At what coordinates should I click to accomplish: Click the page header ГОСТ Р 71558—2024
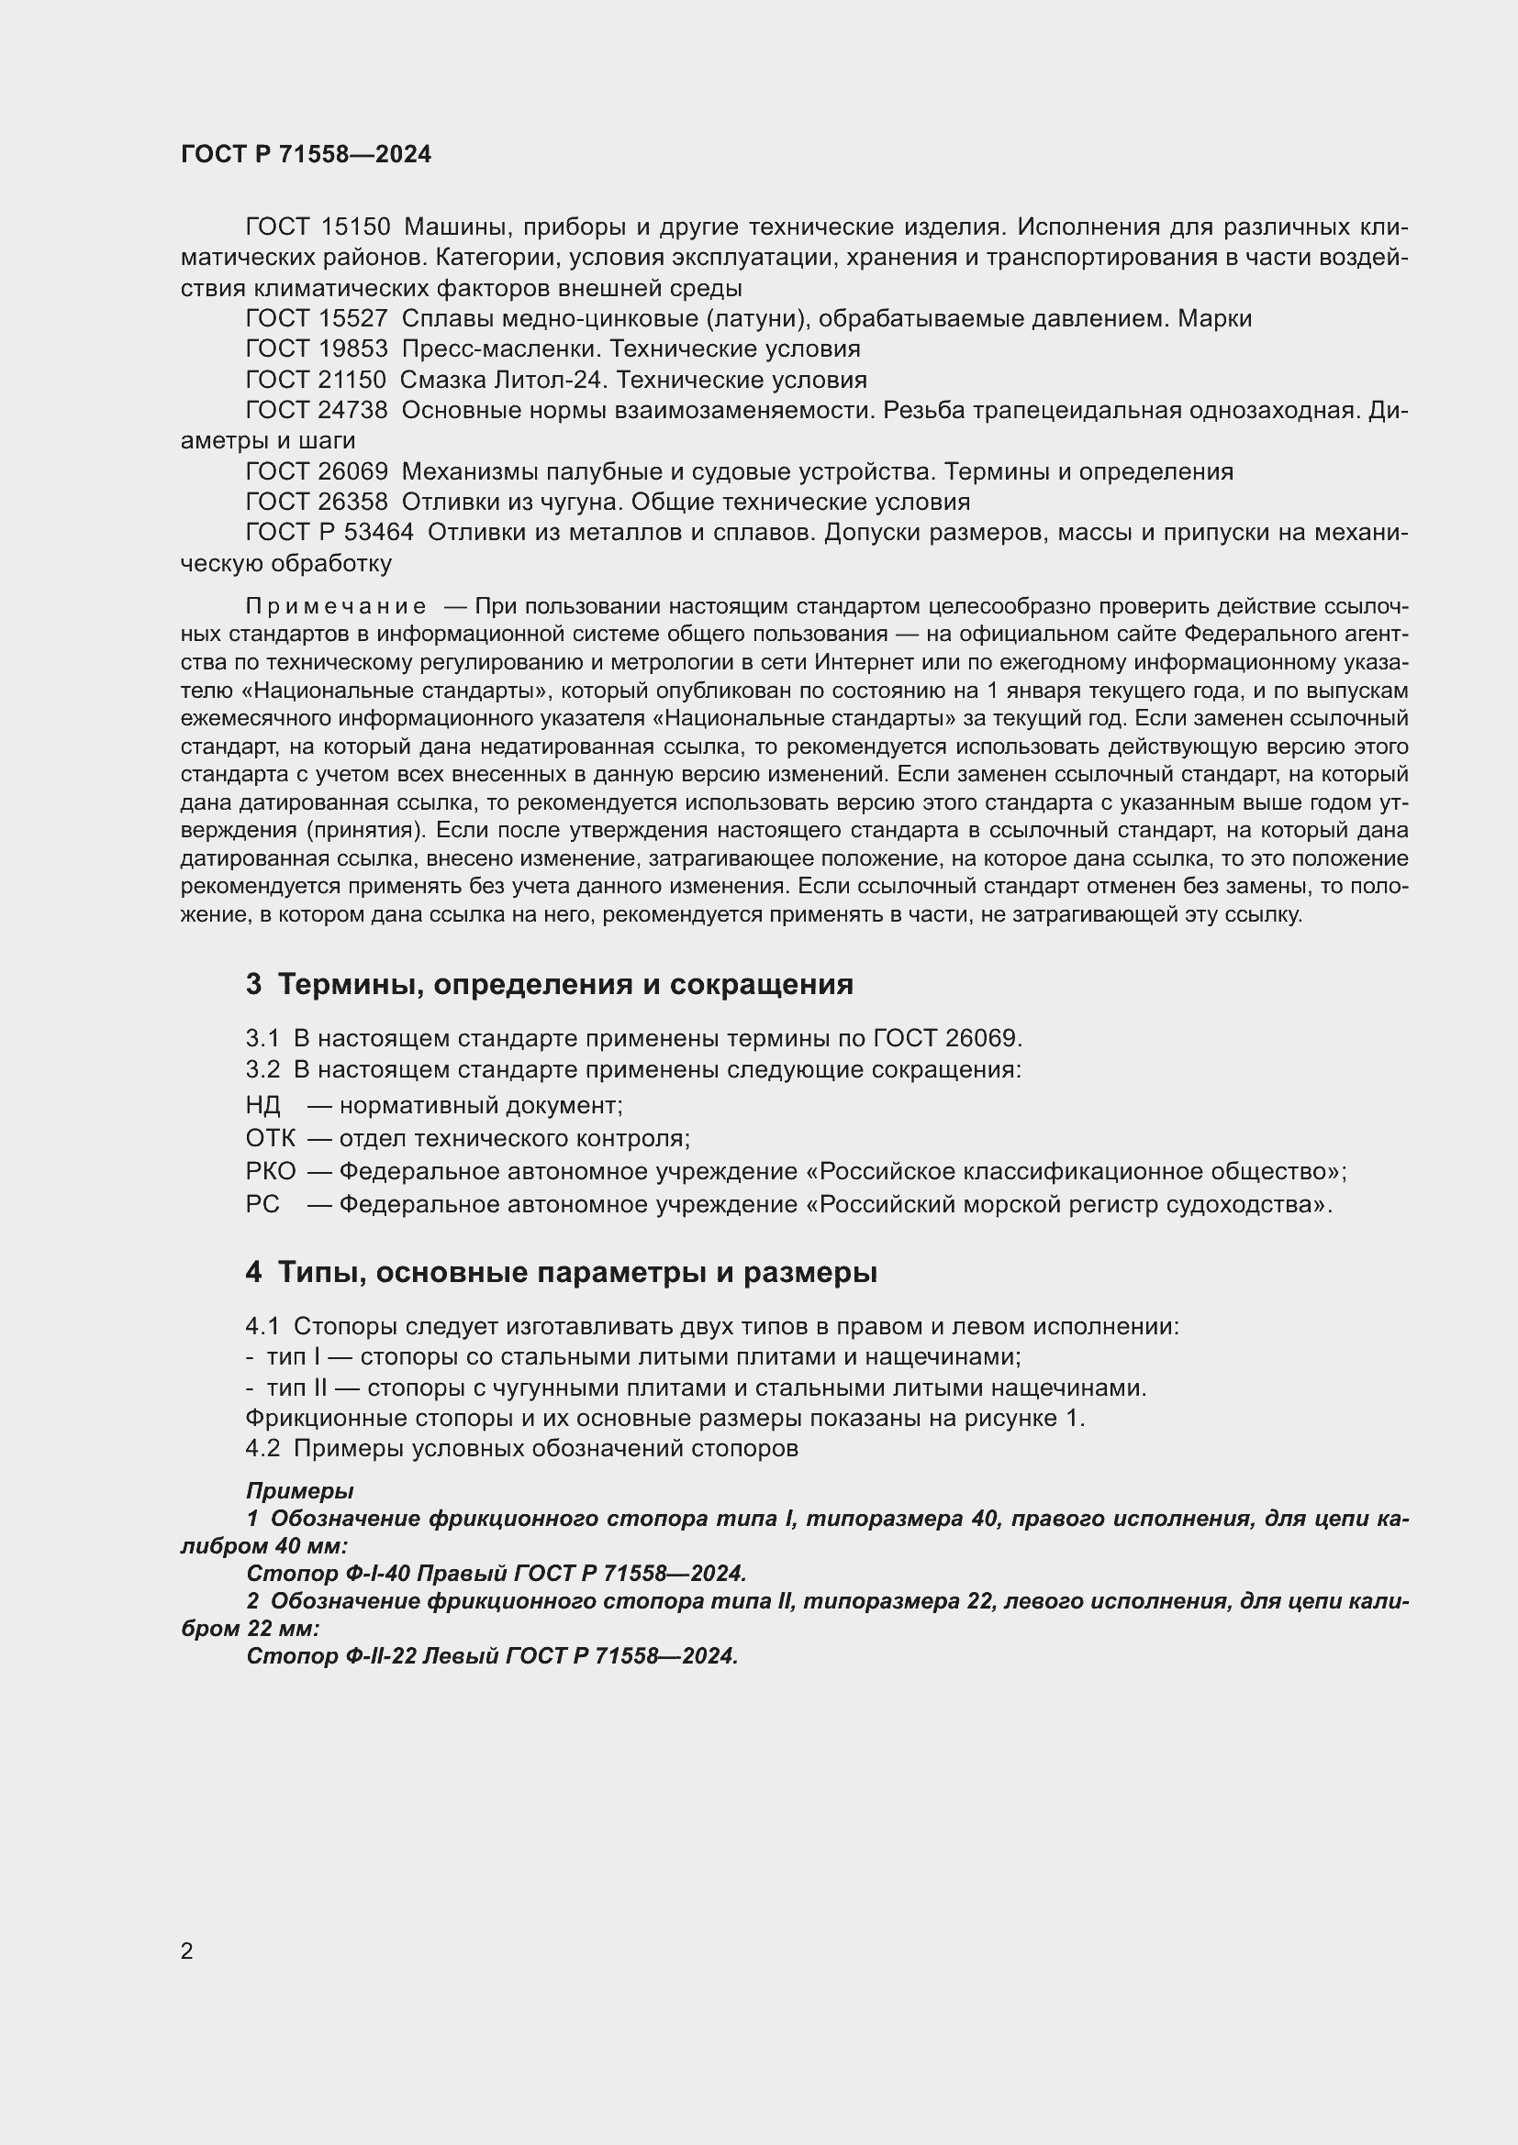click(306, 155)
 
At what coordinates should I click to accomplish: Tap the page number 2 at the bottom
click(187, 1952)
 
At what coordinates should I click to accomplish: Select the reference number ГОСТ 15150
click(317, 227)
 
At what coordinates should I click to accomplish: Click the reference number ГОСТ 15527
click(317, 318)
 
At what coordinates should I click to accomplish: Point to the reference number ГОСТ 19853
click(317, 349)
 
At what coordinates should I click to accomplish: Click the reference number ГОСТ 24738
click(317, 410)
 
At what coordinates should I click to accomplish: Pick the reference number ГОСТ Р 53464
click(329, 533)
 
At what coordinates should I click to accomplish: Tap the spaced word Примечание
click(337, 607)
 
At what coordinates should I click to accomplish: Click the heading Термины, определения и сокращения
click(565, 985)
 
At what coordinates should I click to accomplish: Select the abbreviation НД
click(262, 1106)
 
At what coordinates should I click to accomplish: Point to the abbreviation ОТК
click(270, 1139)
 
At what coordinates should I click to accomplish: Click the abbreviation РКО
click(270, 1171)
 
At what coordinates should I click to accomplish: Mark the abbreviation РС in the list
click(262, 1204)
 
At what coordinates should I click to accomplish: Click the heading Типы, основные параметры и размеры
click(577, 1273)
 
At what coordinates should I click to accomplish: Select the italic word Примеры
click(299, 1491)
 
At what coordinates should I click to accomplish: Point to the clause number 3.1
click(262, 1038)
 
